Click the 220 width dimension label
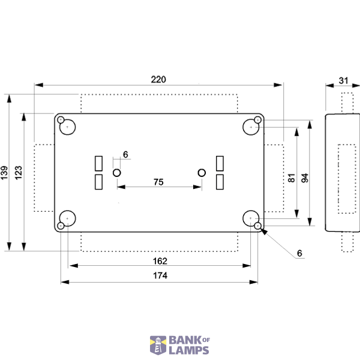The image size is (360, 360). point(158,79)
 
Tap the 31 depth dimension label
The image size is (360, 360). point(343,80)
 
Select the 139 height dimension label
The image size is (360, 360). point(4,173)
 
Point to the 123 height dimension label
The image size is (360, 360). point(19,173)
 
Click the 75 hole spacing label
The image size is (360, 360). point(158,182)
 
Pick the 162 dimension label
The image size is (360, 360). point(160,261)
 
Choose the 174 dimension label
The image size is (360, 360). point(160,275)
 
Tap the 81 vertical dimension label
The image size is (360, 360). point(292,178)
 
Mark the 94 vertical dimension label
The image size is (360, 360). point(305,178)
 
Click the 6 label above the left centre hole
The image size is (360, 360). point(125,155)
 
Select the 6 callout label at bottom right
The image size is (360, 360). point(299,253)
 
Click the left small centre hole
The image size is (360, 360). point(117,173)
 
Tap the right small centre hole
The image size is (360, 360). point(202,173)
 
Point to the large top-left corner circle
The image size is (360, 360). point(67,127)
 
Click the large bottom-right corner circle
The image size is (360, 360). point(251,218)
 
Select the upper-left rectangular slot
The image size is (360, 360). point(99,163)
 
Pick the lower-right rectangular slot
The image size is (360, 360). point(220,182)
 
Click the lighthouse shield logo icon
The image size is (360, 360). point(158,345)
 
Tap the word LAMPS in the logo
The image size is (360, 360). point(189,350)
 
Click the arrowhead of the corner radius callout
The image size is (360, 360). point(264,232)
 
